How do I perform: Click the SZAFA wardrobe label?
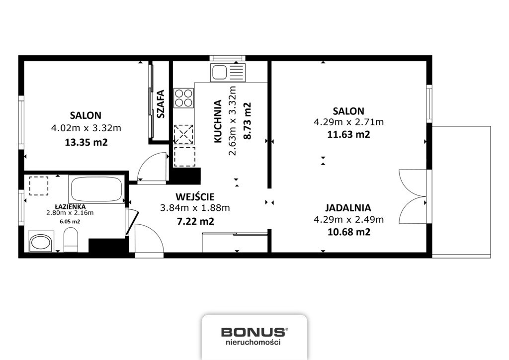(x=161, y=103)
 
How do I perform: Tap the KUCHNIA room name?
(x=218, y=121)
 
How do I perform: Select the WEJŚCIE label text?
(x=195, y=197)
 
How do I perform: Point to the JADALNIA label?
(x=348, y=207)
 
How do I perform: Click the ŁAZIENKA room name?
(x=70, y=206)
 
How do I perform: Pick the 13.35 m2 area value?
(x=86, y=142)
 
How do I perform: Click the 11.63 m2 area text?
(x=348, y=134)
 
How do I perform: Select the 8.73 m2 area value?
(x=248, y=121)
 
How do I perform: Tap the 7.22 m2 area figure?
(x=195, y=221)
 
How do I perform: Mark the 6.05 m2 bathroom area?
(x=70, y=222)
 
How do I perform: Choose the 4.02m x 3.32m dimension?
(x=86, y=128)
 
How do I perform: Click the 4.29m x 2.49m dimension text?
(x=348, y=220)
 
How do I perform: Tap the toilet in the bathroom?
(x=71, y=240)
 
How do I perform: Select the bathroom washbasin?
(x=40, y=242)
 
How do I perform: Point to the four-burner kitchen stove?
(x=184, y=98)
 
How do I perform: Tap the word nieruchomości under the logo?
(x=253, y=342)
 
